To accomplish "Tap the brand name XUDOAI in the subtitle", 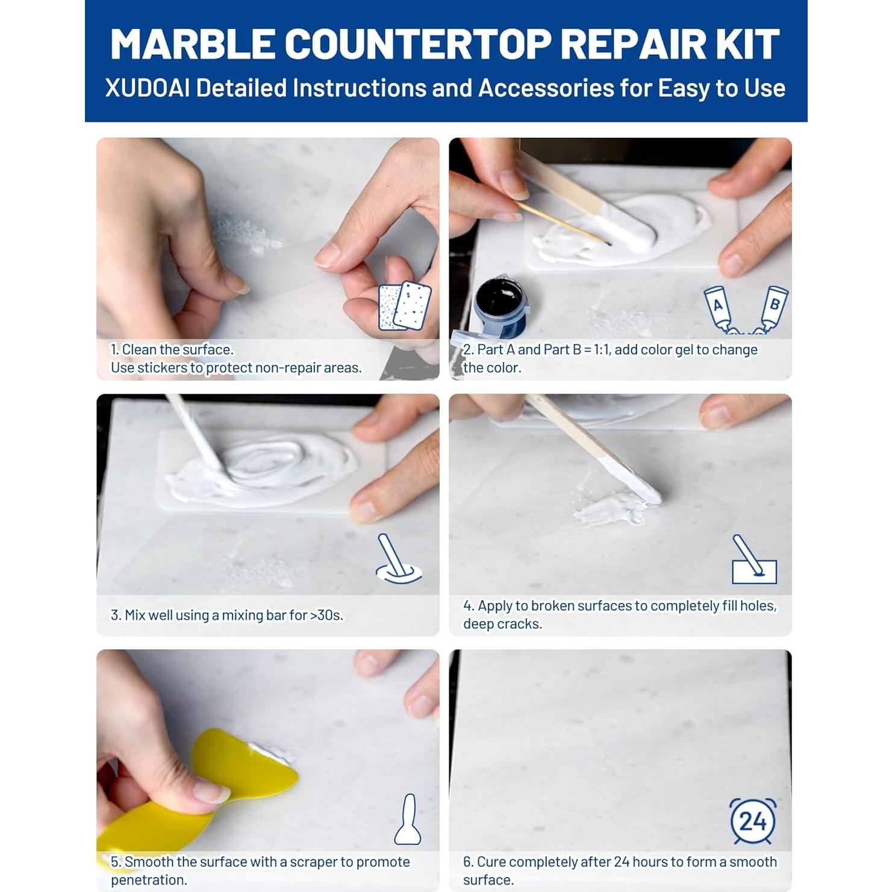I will pyautogui.click(x=147, y=89).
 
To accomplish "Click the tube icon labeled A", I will pyautogui.click(x=720, y=308).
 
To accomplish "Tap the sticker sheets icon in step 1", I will pyautogui.click(x=405, y=306).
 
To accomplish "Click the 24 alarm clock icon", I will pyautogui.click(x=752, y=821).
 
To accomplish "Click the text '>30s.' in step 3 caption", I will pyautogui.click(x=326, y=616).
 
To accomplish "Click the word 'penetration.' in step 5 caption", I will pyautogui.click(x=149, y=880).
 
